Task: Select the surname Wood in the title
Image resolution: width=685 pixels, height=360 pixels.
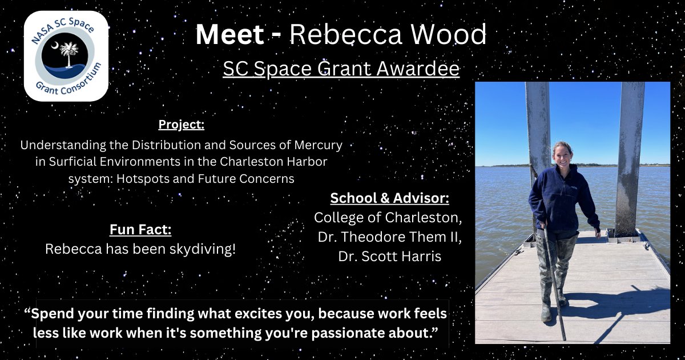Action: tap(450, 36)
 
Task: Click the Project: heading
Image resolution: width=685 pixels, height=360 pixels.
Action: tap(181, 125)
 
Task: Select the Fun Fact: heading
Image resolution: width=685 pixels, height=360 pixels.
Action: tap(140, 230)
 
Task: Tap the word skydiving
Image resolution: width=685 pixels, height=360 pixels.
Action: tap(200, 250)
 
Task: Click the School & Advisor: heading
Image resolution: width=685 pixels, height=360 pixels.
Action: tap(389, 198)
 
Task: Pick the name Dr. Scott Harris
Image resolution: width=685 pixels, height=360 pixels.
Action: tap(389, 257)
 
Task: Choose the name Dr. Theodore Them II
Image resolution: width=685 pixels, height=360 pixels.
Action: tap(389, 237)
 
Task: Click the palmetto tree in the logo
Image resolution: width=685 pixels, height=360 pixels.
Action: tap(67, 57)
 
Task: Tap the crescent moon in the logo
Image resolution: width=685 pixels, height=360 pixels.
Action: tap(54, 45)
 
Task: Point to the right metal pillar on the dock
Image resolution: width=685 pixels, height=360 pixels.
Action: tap(630, 154)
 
